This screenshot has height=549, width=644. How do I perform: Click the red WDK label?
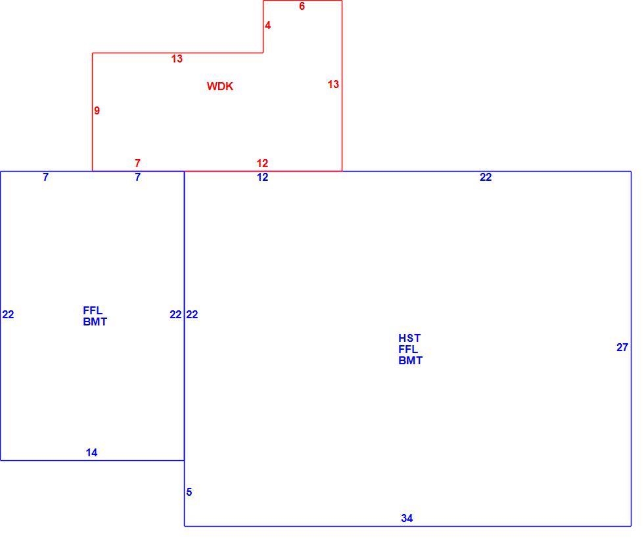pos(219,86)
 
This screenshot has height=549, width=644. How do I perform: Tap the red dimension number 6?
pos(302,6)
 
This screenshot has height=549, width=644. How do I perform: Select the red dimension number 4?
pos(268,26)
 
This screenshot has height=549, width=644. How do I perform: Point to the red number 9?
pos(97,110)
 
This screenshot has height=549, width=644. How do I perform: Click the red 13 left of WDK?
pos(177,59)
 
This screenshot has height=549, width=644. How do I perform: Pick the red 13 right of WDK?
pos(333,84)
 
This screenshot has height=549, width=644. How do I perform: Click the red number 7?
pos(137,163)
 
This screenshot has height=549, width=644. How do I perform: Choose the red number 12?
pos(262,163)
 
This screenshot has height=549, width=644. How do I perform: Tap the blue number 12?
pos(262,177)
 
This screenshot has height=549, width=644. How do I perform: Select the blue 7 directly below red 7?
pos(137,177)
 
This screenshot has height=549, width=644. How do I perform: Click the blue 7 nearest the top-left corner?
pos(45,177)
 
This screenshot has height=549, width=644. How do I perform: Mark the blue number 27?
pos(622,348)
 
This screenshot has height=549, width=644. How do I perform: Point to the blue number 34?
pos(407,519)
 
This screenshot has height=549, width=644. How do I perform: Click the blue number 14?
pos(91,453)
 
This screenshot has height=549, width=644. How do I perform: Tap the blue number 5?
pos(189,492)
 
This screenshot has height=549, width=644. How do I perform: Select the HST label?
pos(409,338)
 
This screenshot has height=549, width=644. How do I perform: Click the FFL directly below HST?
pos(408,349)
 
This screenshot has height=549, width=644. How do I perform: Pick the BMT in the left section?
pos(95,322)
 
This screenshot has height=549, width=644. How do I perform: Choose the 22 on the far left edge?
pos(8,315)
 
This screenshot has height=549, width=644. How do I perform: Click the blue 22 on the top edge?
pos(486,177)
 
